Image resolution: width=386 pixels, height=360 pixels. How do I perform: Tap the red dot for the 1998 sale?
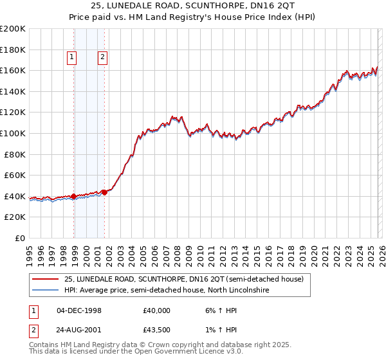click(74, 196)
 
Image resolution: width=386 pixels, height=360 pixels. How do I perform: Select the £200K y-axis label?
click(13, 29)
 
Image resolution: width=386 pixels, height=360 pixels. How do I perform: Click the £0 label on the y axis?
click(19, 238)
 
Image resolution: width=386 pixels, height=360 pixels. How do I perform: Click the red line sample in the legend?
click(45, 279)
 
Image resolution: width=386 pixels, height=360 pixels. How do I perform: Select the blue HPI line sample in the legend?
click(45, 291)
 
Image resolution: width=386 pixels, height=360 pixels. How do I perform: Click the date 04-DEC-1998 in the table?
click(79, 310)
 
